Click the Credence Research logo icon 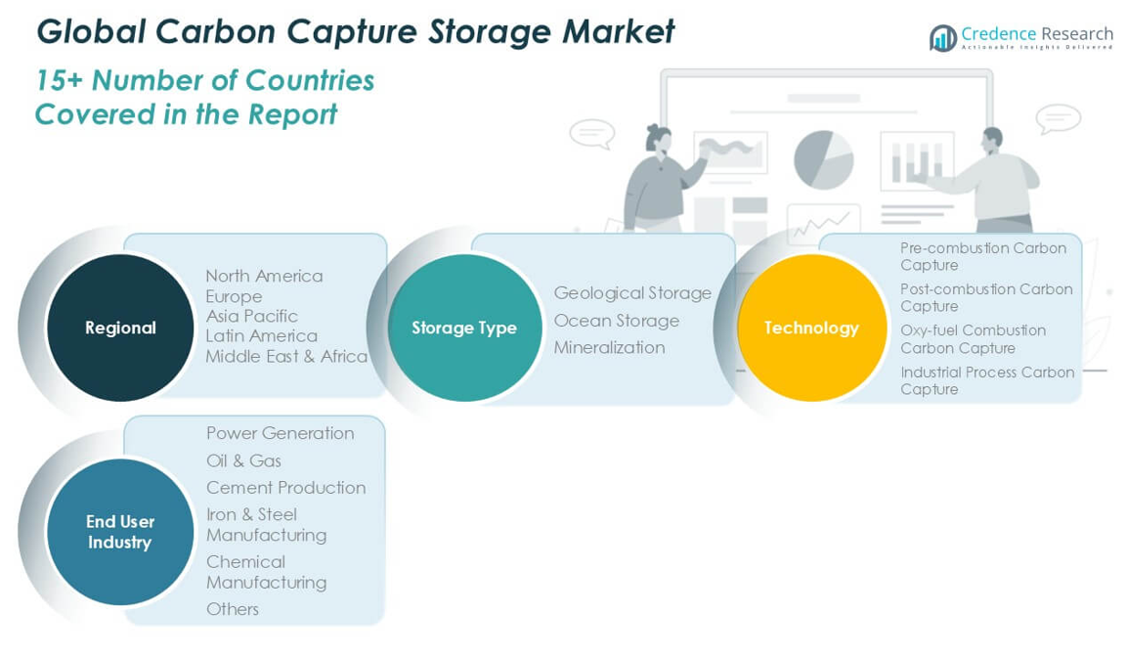click(x=943, y=38)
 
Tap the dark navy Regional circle click(x=120, y=328)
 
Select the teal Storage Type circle click(x=464, y=328)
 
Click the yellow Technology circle click(x=811, y=328)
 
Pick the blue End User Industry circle click(x=120, y=532)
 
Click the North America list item click(x=264, y=276)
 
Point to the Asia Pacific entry click(x=251, y=316)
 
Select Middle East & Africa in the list click(x=286, y=356)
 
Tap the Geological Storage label click(x=632, y=292)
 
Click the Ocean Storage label click(x=616, y=320)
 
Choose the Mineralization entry click(x=609, y=347)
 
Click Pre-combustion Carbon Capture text click(x=982, y=256)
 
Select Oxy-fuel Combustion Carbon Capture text click(x=973, y=338)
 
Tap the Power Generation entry click(x=280, y=433)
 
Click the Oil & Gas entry click(x=243, y=460)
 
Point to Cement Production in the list click(x=285, y=487)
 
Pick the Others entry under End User click(x=233, y=609)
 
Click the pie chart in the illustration click(x=823, y=159)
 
